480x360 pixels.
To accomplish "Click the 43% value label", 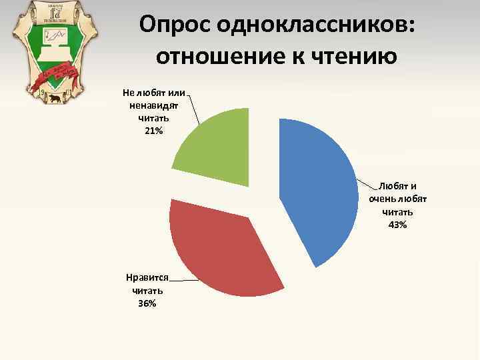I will click(x=397, y=225).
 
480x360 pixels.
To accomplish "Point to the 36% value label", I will click(x=147, y=303).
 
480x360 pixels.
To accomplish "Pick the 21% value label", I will click(x=153, y=130).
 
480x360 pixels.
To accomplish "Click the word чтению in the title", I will click(x=353, y=58).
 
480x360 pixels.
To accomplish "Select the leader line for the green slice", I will click(x=194, y=109).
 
